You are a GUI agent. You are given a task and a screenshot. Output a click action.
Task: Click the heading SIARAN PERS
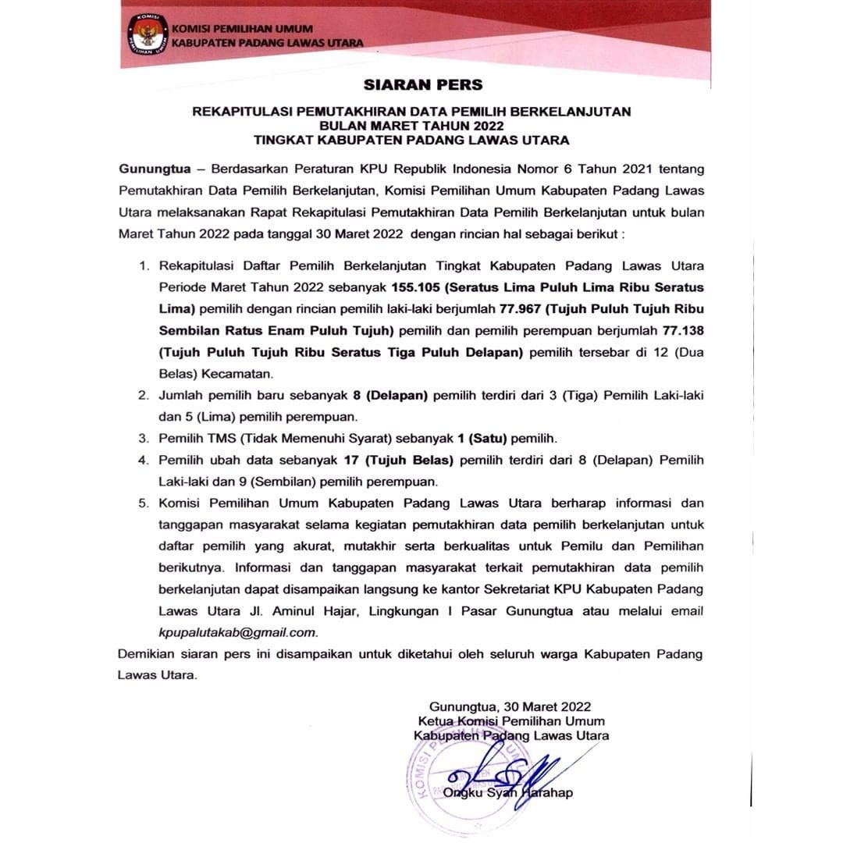pyautogui.click(x=423, y=85)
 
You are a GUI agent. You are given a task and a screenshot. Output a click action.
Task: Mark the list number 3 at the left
pyautogui.click(x=143, y=438)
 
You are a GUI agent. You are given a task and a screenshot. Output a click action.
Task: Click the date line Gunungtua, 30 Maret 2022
pyautogui.click(x=511, y=707)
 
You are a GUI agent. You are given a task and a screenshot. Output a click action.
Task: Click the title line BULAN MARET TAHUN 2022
pyautogui.click(x=411, y=126)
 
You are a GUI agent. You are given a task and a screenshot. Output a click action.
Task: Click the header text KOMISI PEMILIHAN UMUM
pyautogui.click(x=226, y=29)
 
